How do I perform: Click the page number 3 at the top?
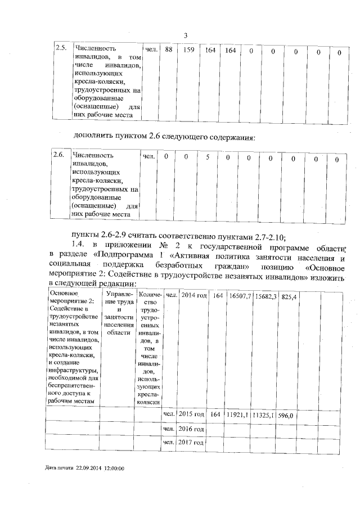point(186,37)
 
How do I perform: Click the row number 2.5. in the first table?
point(61,49)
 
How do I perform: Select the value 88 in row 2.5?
point(168,51)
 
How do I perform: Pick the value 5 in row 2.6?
point(208,157)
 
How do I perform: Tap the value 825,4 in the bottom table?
point(290,296)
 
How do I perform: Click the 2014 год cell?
point(193,295)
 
